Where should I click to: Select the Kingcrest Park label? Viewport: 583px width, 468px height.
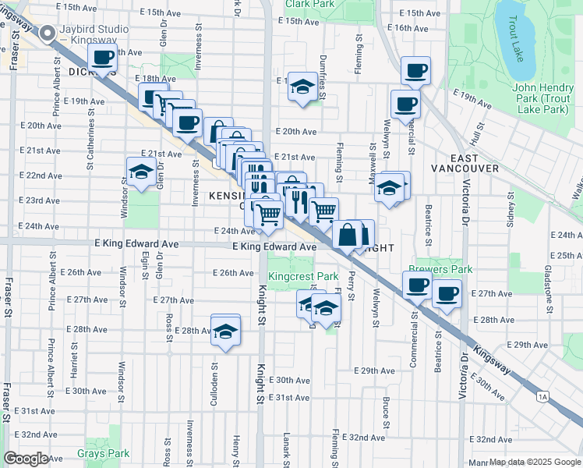click(x=303, y=276)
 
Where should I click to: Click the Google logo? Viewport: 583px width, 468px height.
click(x=26, y=459)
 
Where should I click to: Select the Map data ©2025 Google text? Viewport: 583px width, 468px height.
click(x=535, y=462)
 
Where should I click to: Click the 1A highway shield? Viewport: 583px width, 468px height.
click(x=543, y=396)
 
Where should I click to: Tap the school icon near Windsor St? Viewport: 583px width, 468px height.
click(x=140, y=172)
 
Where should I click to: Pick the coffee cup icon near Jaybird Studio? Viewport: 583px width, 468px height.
click(x=103, y=57)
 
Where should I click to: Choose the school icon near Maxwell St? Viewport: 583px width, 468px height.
click(x=389, y=189)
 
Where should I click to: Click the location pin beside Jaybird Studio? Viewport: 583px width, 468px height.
click(x=47, y=33)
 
